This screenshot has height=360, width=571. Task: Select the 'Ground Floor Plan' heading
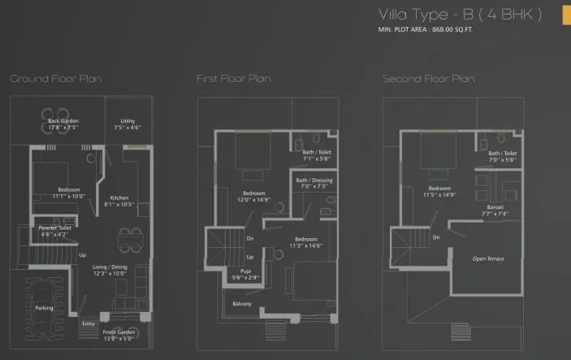[x=55, y=79]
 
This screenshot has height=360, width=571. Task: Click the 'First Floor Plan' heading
[x=233, y=79]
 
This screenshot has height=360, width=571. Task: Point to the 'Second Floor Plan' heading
[x=428, y=79]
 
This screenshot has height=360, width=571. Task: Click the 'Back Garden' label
[x=63, y=121]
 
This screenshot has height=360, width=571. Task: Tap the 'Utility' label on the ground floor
[x=128, y=121]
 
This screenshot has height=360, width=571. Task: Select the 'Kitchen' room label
[x=119, y=198]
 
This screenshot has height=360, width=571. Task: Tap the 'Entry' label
[x=89, y=323]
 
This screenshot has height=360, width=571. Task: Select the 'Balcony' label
[x=243, y=304]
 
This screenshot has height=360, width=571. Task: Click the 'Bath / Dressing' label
[x=314, y=180]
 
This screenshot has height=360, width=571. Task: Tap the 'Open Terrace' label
[x=489, y=258]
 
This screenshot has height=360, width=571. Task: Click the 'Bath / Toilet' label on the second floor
[x=502, y=153]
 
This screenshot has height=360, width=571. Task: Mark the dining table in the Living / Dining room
[x=128, y=238]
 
